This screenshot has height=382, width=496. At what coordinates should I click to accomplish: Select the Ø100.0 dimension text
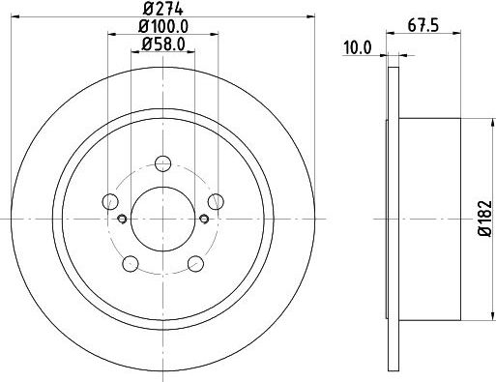[x=162, y=26]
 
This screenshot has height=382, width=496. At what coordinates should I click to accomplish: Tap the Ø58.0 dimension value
[x=162, y=44]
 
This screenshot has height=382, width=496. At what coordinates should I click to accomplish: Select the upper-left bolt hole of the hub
[x=110, y=201]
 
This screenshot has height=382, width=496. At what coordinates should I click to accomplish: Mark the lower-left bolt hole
[x=130, y=262]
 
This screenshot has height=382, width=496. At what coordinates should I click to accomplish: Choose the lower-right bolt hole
[x=195, y=262]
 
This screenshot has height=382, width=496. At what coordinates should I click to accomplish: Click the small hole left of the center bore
[x=122, y=218]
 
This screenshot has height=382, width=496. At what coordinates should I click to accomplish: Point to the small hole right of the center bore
[x=203, y=218]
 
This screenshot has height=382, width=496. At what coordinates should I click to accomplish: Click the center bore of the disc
[x=162, y=218]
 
